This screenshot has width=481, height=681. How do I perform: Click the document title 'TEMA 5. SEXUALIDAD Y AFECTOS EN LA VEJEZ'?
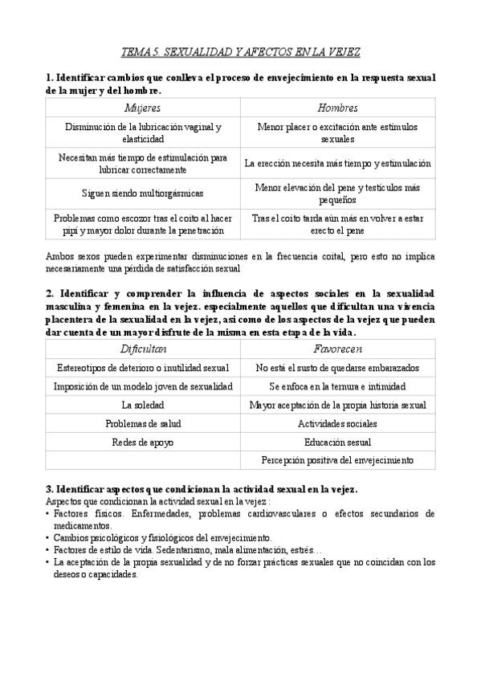coord(240,52)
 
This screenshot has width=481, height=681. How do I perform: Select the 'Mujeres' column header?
coord(143,108)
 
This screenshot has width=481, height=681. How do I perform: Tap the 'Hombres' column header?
coord(337,108)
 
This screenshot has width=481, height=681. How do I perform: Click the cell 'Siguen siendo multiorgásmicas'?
coord(143,194)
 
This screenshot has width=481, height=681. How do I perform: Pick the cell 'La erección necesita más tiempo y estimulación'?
coord(337,163)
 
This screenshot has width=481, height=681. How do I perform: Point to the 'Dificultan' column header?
coord(143,349)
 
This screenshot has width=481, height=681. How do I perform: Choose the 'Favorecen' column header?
coord(337,349)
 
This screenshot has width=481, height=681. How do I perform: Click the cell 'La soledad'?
coord(143,405)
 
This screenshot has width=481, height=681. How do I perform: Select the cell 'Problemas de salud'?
coord(143,423)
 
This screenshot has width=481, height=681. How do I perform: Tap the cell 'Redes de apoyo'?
coord(143,442)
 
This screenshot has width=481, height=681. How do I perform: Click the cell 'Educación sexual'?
coord(337,442)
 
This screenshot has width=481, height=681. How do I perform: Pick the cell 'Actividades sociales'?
coord(337,423)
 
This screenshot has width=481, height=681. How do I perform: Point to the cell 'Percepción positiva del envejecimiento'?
coord(337,460)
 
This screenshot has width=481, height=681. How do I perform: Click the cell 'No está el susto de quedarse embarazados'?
coord(337,368)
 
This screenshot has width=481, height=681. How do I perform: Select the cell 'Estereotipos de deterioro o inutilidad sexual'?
coord(143,368)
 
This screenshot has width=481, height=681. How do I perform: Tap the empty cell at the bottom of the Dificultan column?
coord(143,460)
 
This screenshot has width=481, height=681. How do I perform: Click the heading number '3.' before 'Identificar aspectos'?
coord(50,488)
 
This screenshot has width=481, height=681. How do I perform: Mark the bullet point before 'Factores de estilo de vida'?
coord(48,551)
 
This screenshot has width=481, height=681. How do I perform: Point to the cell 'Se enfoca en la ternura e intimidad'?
coord(337,386)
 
